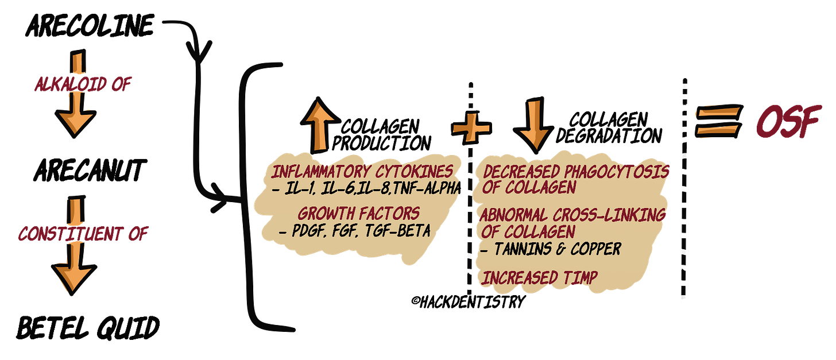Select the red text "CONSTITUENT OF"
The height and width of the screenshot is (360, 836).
(x=79, y=235)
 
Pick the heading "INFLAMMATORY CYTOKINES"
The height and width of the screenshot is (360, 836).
(x=362, y=171)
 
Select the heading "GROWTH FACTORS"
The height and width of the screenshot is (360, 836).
(x=359, y=214)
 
